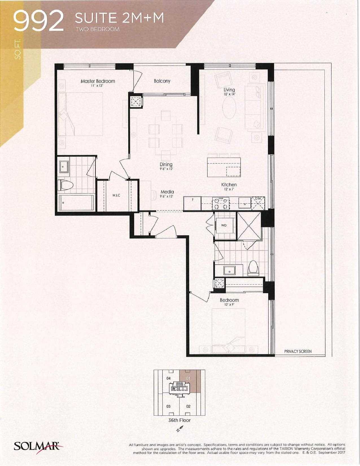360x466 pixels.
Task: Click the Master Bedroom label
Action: [x=98, y=81]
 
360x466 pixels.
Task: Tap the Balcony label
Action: [x=162, y=81]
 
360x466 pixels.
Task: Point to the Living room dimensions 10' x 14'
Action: [x=229, y=94]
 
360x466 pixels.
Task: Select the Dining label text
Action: [x=166, y=164]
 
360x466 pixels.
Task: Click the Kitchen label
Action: [x=229, y=185]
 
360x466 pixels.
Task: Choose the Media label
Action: [x=167, y=192]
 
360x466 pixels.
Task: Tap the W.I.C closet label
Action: [x=116, y=195]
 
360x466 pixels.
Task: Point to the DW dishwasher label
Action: [x=258, y=199]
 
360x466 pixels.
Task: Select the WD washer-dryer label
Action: [x=224, y=225]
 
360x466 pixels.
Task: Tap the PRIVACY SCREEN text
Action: [x=298, y=351]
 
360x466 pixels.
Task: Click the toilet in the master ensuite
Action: [x=66, y=185]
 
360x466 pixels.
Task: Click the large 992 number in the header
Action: [x=39, y=21]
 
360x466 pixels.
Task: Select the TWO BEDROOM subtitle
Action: [x=98, y=29]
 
